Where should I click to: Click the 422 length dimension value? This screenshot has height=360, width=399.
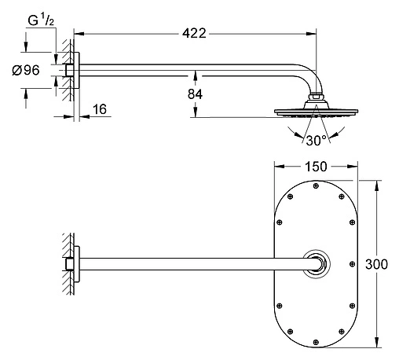pyautogui.click(x=194, y=34)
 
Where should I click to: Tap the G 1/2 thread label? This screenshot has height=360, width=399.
pyautogui.click(x=41, y=20)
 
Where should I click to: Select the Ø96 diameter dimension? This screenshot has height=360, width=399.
pyautogui.click(x=26, y=70)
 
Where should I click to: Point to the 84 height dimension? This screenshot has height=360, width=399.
pyautogui.click(x=195, y=94)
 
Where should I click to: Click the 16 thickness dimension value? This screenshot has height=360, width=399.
pyautogui.click(x=100, y=109)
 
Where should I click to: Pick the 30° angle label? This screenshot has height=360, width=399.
pyautogui.click(x=316, y=141)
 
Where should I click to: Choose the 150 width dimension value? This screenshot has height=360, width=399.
pyautogui.click(x=316, y=167)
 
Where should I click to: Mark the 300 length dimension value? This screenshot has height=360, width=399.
pyautogui.click(x=376, y=264)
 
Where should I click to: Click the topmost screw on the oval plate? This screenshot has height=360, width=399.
pyautogui.click(x=316, y=186)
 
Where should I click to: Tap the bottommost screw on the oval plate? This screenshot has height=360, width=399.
pyautogui.click(x=316, y=342)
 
